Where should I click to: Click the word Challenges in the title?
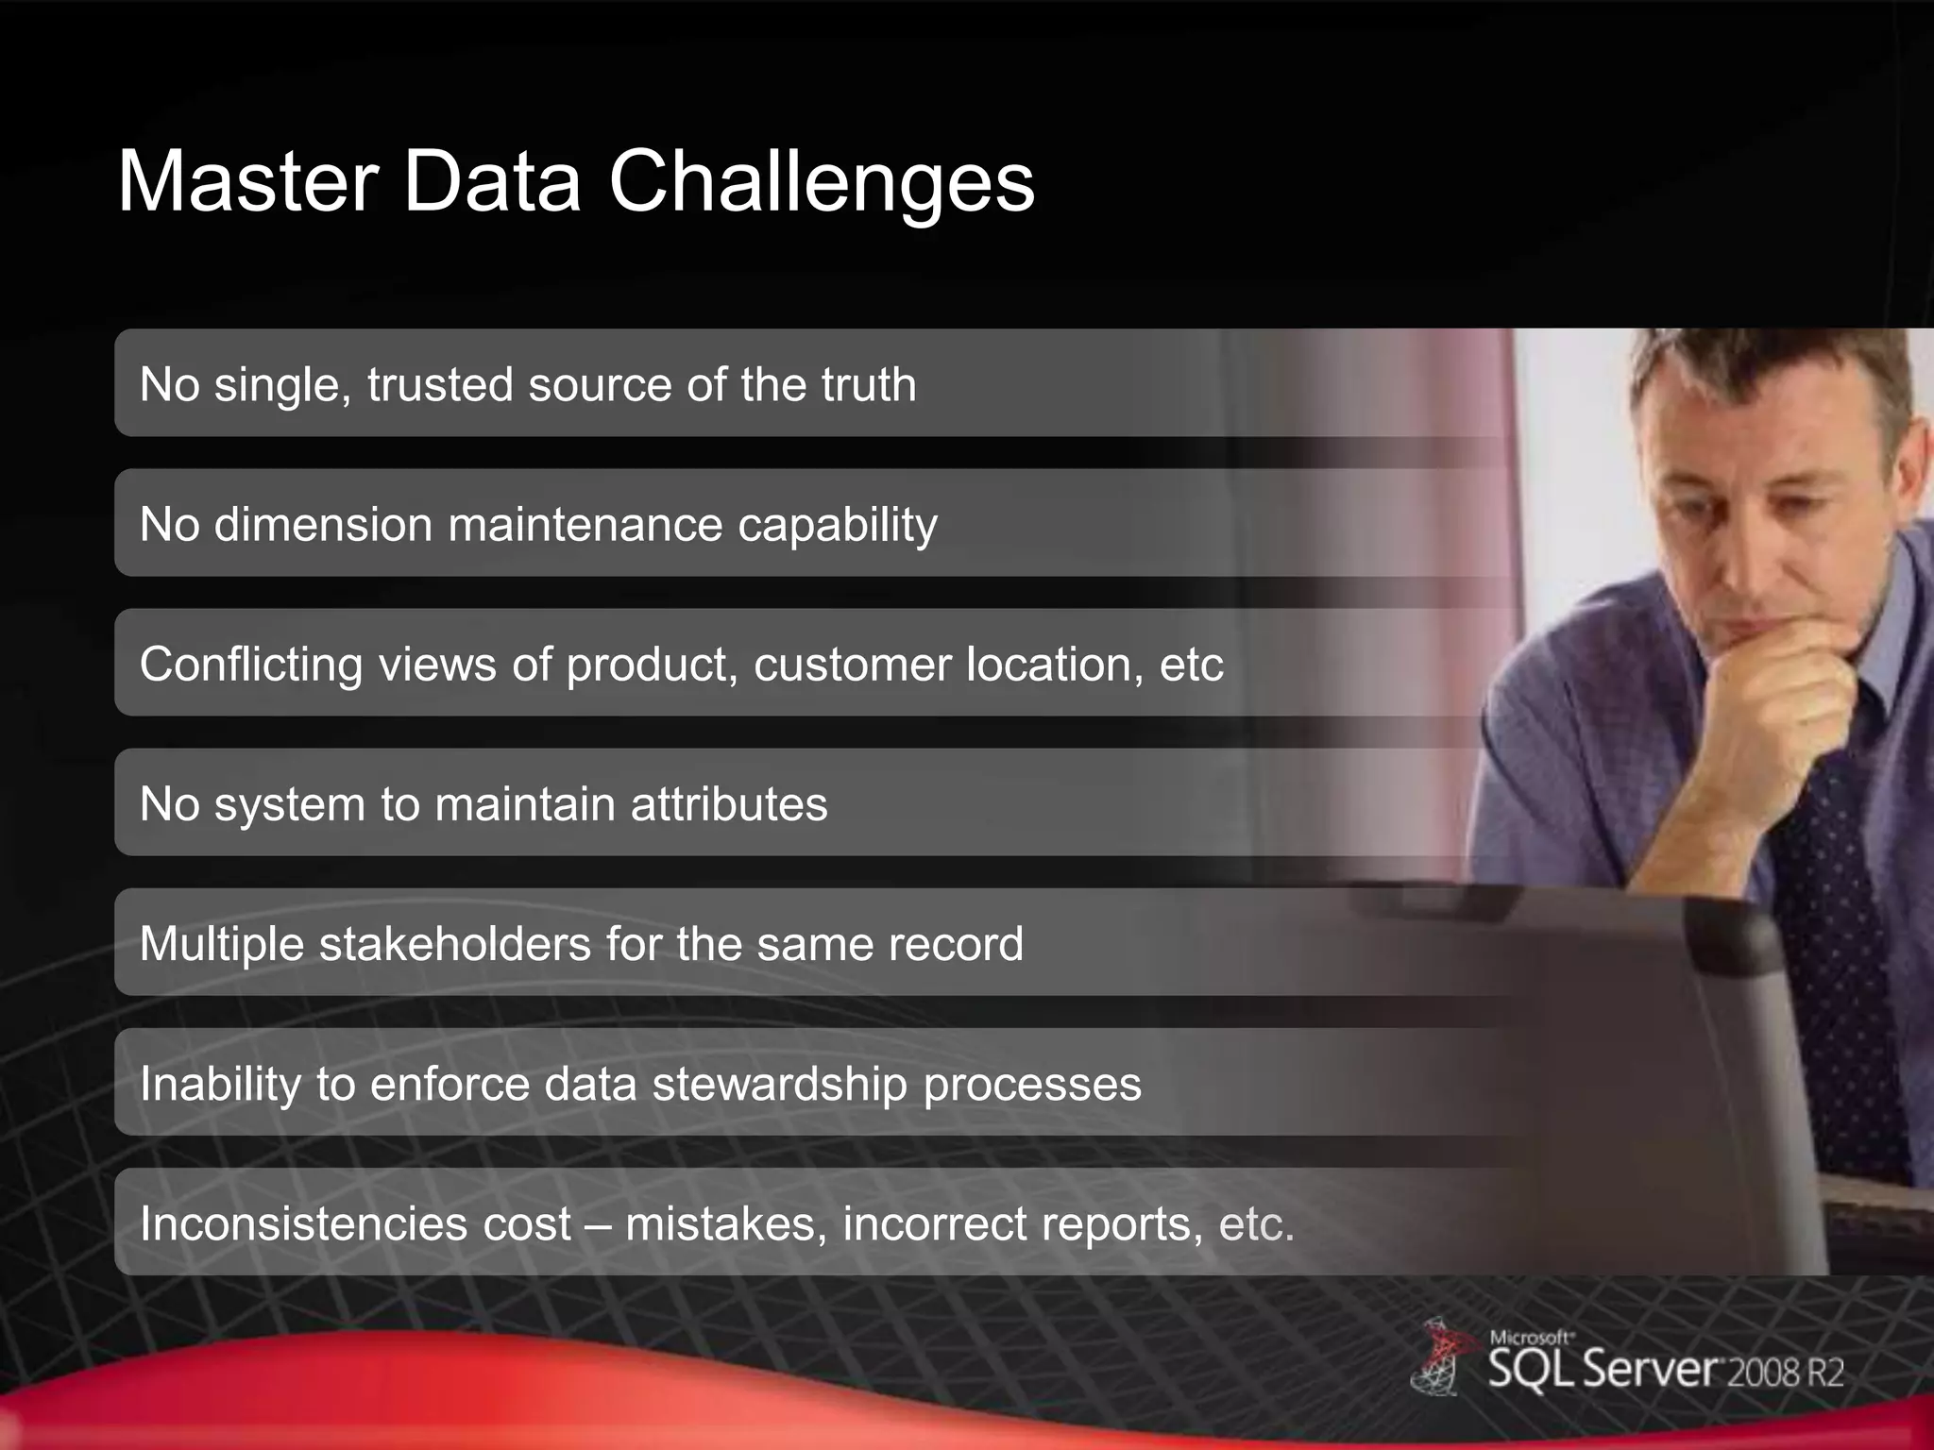coord(822,184)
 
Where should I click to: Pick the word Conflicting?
coord(251,665)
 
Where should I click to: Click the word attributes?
coord(728,804)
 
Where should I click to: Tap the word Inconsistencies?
coord(302,1224)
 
